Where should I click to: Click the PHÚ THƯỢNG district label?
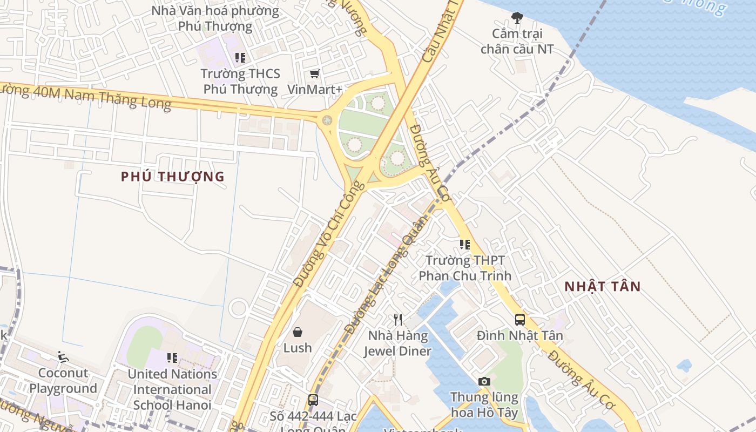(173, 177)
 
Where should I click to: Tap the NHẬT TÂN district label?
(603, 287)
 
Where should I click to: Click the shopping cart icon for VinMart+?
(315, 73)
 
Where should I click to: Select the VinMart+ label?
(315, 89)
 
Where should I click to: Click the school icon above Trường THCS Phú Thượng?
(240, 57)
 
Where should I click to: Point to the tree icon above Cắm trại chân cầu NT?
(517, 18)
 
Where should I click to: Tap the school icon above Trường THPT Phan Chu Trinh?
(465, 245)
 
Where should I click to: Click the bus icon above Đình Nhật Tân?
(520, 320)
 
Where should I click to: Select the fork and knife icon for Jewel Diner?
(398, 320)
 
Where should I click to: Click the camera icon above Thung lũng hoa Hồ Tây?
(484, 382)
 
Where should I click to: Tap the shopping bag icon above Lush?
(298, 332)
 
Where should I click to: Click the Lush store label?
(298, 348)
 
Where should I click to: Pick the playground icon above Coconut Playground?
(63, 356)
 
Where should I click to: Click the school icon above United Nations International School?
(172, 357)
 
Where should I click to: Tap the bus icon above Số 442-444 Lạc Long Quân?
(313, 400)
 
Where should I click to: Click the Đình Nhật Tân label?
(520, 336)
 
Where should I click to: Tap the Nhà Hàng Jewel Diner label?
(398, 343)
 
